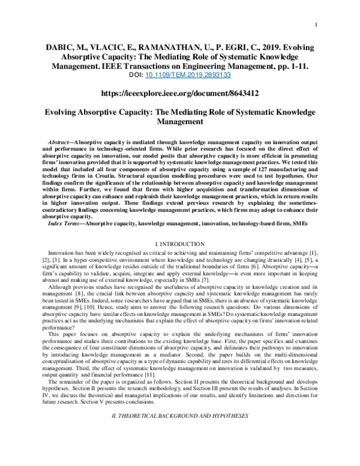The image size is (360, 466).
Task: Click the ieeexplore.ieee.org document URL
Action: pos(180,94)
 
